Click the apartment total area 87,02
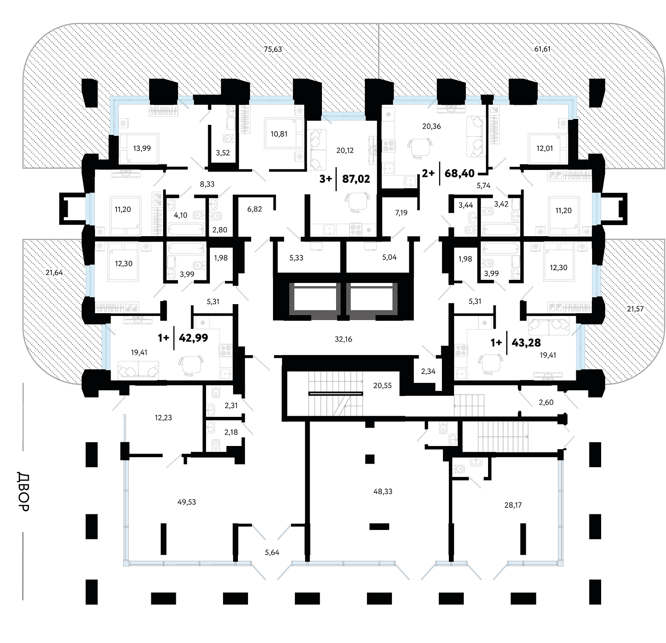[x=356, y=179]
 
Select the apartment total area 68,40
[x=459, y=173]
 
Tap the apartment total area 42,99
[x=193, y=337]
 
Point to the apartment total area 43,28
[x=526, y=343]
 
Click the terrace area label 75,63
[x=273, y=49]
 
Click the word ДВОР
[x=23, y=491]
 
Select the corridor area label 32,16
[x=343, y=339]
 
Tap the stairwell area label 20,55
[x=382, y=385]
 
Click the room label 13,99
[x=142, y=148]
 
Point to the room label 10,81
[x=279, y=134]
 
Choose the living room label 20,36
[x=432, y=127]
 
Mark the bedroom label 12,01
[x=545, y=148]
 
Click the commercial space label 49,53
[x=187, y=502]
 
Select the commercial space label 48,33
[x=383, y=491]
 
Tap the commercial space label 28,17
[x=513, y=505]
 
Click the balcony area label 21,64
[x=54, y=273]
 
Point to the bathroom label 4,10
[x=180, y=215]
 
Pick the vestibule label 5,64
[x=272, y=552]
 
